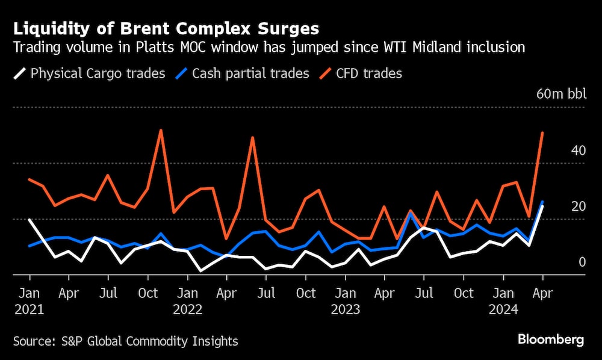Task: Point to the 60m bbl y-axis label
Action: pyautogui.click(x=560, y=94)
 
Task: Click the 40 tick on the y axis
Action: pyautogui.click(x=578, y=151)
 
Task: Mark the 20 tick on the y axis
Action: pyautogui.click(x=578, y=206)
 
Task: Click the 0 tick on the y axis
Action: pyautogui.click(x=582, y=262)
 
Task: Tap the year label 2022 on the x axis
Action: pyautogui.click(x=187, y=309)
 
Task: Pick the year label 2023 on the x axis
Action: pyautogui.click(x=345, y=309)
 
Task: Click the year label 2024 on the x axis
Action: pyautogui.click(x=503, y=309)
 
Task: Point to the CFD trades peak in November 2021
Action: pyautogui.click(x=161, y=130)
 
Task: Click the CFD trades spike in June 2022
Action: pyautogui.click(x=253, y=138)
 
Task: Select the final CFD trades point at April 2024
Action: pyautogui.click(x=542, y=133)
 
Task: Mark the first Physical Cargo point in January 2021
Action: pyautogui.click(x=29, y=220)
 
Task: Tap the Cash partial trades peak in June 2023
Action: pyautogui.click(x=411, y=213)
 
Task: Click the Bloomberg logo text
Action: pyautogui.click(x=551, y=340)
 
